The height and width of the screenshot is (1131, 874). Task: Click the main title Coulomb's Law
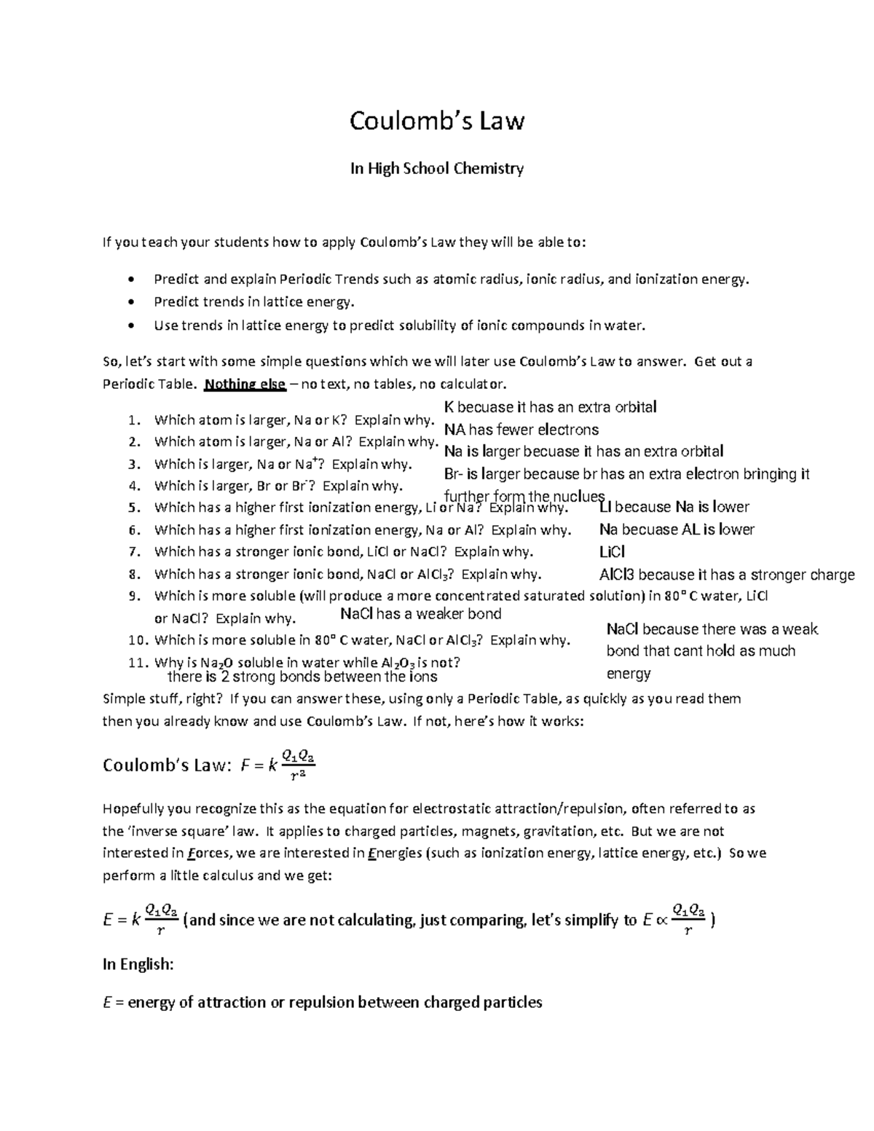click(x=436, y=121)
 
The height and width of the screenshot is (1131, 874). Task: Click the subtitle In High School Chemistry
click(x=436, y=169)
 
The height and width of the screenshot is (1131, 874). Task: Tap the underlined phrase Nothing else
click(x=245, y=385)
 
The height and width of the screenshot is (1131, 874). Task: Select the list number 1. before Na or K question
click(x=133, y=420)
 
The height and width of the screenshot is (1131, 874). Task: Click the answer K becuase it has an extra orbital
click(x=550, y=407)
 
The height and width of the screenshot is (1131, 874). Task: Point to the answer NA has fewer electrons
click(x=521, y=430)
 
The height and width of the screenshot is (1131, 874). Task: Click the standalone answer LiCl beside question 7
click(x=612, y=552)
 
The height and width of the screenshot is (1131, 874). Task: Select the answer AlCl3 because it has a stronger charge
click(x=726, y=575)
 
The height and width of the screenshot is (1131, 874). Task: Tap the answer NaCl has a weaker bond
click(x=421, y=614)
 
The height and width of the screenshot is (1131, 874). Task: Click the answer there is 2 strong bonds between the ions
click(x=302, y=677)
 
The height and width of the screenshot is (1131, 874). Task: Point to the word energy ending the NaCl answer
click(x=628, y=674)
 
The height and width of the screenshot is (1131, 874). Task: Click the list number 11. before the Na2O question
click(x=138, y=663)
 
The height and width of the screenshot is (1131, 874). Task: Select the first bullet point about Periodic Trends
click(x=130, y=280)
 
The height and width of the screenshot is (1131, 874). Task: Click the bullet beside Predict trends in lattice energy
click(x=130, y=302)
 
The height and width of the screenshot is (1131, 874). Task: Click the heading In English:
click(x=138, y=964)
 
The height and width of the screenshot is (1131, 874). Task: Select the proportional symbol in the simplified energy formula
click(x=661, y=921)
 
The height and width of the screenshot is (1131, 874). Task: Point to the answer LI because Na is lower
click(x=674, y=508)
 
